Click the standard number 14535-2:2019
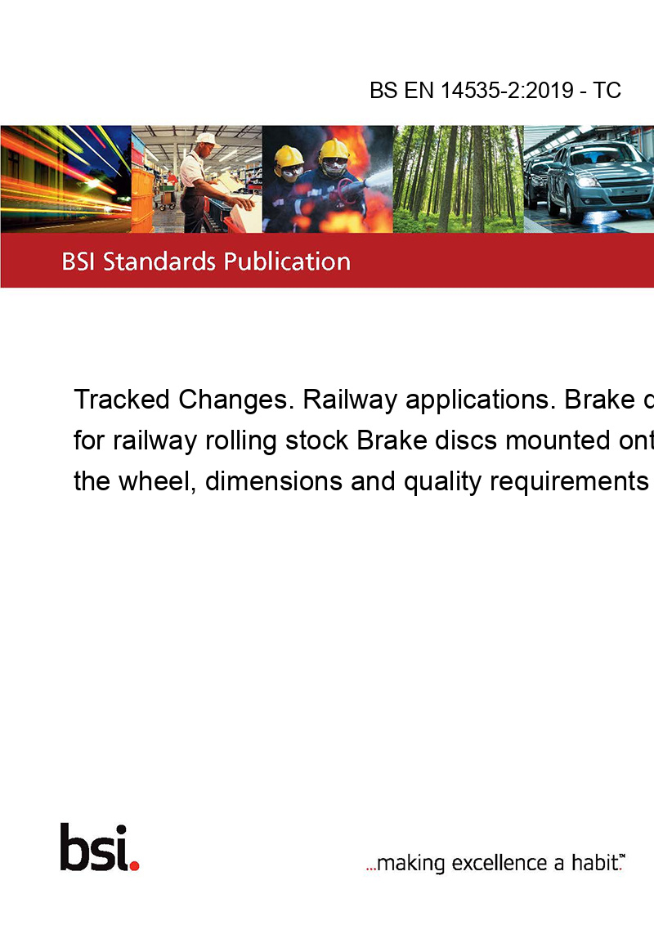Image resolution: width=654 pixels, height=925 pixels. [x=507, y=90]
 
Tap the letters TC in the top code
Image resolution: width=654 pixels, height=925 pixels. [x=607, y=90]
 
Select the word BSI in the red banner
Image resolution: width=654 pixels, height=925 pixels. [x=79, y=261]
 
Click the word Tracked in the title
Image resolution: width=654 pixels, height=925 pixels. [x=122, y=400]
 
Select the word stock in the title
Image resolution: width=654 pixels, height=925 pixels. [x=317, y=440]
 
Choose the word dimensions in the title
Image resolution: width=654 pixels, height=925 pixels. [x=274, y=481]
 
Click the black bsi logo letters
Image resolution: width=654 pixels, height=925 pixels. [x=94, y=847]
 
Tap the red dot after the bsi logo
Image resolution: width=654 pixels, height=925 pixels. [x=134, y=865]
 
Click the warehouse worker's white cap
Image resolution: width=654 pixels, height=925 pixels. [x=206, y=139]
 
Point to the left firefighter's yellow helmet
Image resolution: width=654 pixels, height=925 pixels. [x=289, y=156]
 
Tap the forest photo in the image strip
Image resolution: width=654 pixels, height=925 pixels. [x=458, y=179]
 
